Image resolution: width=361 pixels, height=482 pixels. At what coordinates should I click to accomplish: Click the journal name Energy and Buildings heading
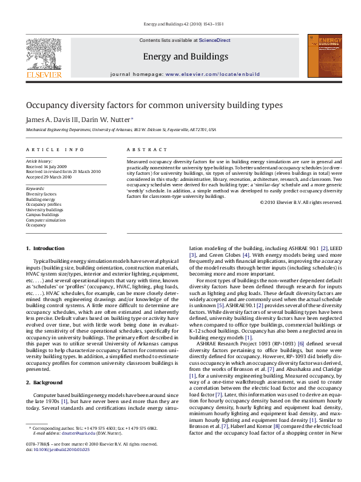coord(185,56)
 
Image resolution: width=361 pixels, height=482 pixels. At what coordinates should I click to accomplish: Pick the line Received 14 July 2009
coord(46,166)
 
